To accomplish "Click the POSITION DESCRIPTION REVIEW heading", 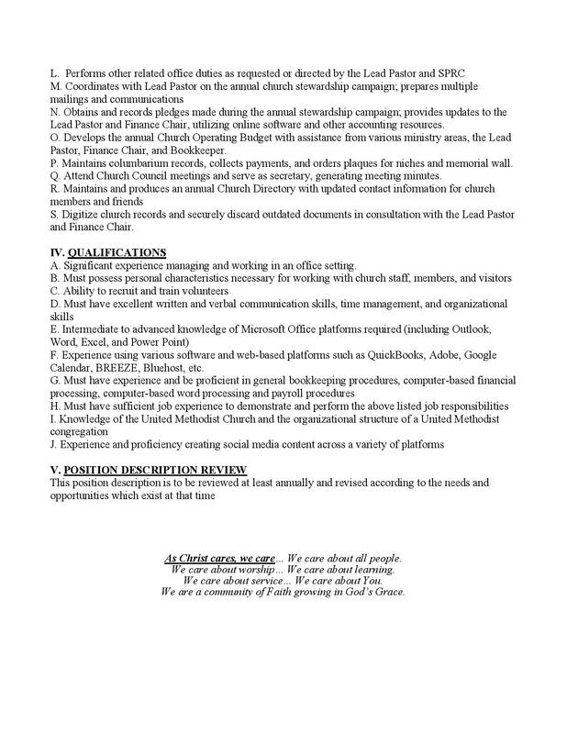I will pyautogui.click(x=154, y=469).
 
